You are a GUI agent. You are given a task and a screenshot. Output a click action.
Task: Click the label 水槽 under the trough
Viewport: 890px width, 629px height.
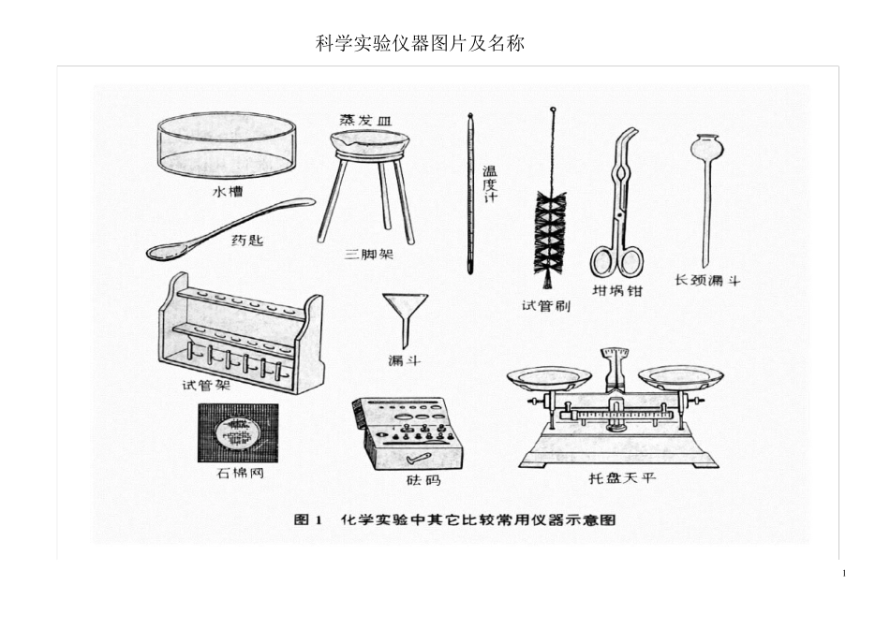point(228,192)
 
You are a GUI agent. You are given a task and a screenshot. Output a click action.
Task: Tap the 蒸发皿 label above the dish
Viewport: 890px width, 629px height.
point(365,120)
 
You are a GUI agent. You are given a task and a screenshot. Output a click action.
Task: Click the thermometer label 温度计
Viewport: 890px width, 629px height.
point(489,184)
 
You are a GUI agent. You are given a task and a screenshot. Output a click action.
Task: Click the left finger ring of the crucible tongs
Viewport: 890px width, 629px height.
point(602,261)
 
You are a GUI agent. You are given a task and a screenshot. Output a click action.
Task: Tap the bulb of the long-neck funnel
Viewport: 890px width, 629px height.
point(706,147)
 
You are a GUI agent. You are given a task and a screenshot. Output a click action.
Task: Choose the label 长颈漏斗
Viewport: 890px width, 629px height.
point(707,280)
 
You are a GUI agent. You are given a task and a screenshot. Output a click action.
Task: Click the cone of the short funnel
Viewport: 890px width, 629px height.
point(405,305)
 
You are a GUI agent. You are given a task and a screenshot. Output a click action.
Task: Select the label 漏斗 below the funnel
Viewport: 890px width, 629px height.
point(404,360)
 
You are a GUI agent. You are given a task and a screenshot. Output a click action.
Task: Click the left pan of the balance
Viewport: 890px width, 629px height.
point(549,378)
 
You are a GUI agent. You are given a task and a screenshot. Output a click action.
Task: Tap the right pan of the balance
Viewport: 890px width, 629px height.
point(680,377)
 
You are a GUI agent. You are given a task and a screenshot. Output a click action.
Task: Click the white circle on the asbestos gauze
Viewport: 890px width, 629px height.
point(238,432)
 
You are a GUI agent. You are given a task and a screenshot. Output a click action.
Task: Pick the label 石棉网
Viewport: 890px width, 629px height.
point(240,473)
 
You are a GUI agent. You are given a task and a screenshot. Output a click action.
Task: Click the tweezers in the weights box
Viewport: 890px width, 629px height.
point(419,457)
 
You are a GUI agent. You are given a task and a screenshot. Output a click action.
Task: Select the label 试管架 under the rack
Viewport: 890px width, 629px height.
point(206,385)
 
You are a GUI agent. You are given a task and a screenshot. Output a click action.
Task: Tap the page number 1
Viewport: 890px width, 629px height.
point(844,574)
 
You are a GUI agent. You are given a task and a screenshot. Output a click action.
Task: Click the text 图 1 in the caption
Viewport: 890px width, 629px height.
point(307,519)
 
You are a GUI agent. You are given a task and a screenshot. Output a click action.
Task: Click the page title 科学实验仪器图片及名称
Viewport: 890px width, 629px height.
point(420,43)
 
